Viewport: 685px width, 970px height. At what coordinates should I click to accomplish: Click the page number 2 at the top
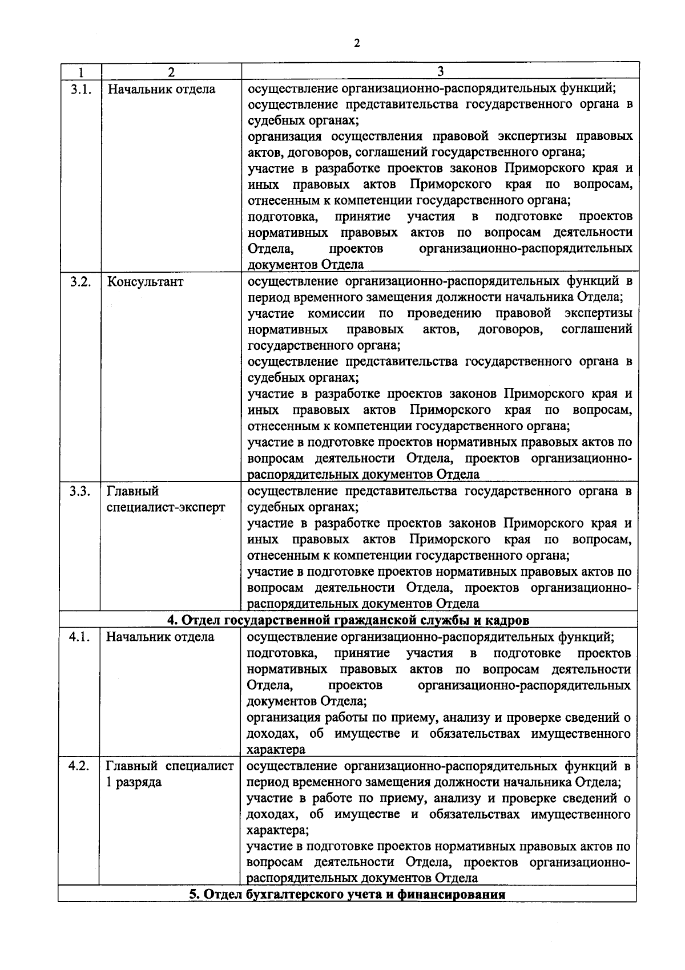357,44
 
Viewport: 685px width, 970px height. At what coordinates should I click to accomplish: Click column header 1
80,72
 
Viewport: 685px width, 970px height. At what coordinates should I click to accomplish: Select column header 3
440,71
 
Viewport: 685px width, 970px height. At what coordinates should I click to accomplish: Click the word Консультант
145,282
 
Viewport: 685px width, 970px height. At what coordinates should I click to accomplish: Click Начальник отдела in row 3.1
162,90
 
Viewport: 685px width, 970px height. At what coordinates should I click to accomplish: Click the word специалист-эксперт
166,508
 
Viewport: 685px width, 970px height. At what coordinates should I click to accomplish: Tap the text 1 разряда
134,782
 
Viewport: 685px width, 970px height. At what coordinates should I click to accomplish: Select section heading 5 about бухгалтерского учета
348,894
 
